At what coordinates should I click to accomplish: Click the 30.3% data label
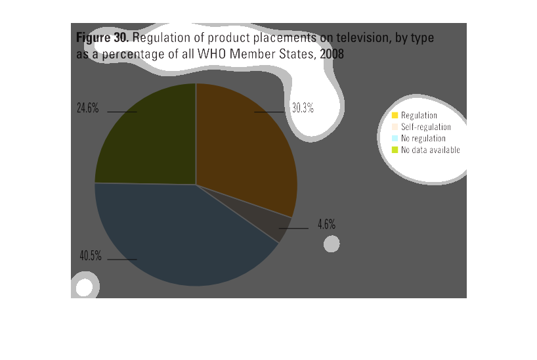303,108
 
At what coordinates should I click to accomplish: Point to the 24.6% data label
88,108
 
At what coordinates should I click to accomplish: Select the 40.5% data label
91,256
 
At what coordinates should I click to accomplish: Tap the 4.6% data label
326,224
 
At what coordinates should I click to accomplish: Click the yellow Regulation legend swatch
395,115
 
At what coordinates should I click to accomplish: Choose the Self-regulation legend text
426,127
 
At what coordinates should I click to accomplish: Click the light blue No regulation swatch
395,138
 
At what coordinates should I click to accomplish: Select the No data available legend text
431,150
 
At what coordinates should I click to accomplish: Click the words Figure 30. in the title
102,37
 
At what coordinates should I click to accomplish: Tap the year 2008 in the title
332,54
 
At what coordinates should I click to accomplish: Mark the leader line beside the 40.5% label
122,259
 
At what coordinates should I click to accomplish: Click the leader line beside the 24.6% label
122,112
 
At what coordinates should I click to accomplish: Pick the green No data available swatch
395,150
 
